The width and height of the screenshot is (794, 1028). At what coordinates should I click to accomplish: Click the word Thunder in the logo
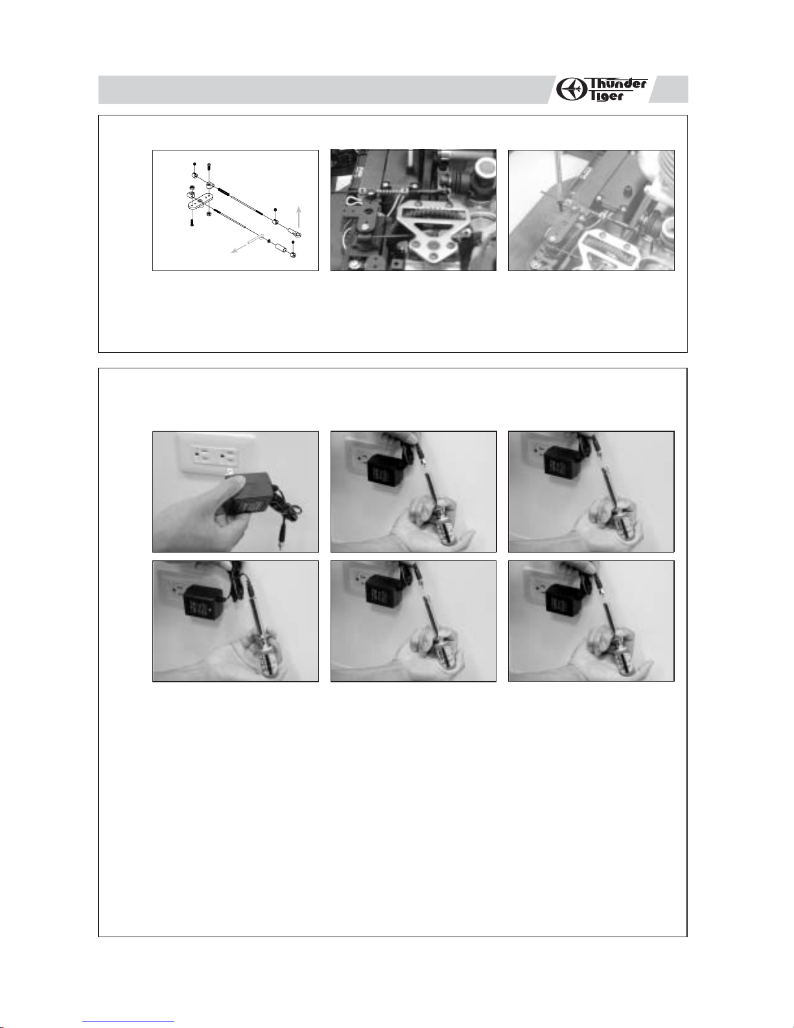618,84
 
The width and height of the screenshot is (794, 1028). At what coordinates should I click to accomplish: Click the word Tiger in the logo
607,95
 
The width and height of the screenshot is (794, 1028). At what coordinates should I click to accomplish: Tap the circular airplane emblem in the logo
572,90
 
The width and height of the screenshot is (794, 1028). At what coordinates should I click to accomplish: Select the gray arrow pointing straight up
299,217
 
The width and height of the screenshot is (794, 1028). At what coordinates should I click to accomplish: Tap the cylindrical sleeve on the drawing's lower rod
281,247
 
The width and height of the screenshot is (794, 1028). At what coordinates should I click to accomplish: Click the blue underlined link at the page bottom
128,1025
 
